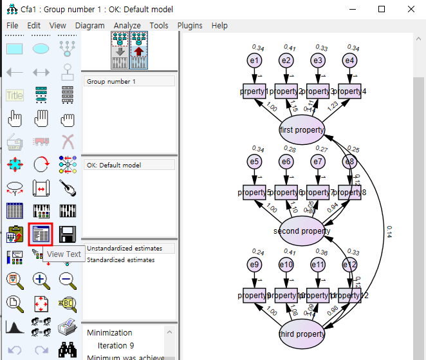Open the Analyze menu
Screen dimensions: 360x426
pyautogui.click(x=127, y=26)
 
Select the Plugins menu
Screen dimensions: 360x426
pyautogui.click(x=189, y=26)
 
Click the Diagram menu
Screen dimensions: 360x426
pyautogui.click(x=89, y=26)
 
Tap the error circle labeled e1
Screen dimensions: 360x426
pyautogui.click(x=255, y=61)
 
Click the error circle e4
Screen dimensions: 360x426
pyautogui.click(x=349, y=61)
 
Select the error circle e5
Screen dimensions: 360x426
pyautogui.click(x=255, y=162)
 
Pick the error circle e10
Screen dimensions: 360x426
pyautogui.click(x=287, y=264)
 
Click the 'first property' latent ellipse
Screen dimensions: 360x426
pyautogui.click(x=302, y=130)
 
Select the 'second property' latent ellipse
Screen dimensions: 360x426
pyautogui.click(x=302, y=231)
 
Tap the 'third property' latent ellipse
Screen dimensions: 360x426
pyautogui.click(x=302, y=334)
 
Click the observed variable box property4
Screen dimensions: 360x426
pyautogui.click(x=350, y=91)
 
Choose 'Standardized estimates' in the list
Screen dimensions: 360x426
pyautogui.click(x=121, y=260)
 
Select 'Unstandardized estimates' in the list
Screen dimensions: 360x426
pyautogui.click(x=124, y=249)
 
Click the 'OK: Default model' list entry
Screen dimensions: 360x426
pyautogui.click(x=114, y=165)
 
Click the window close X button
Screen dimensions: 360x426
pyautogui.click(x=411, y=9)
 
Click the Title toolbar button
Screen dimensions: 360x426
pyautogui.click(x=15, y=95)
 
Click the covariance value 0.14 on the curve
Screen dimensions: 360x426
pyautogui.click(x=389, y=232)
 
